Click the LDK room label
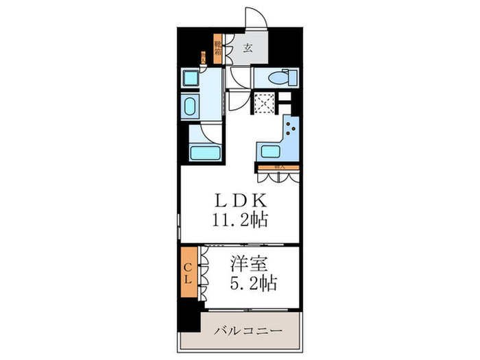click(x=238, y=202)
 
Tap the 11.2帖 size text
click(x=239, y=221)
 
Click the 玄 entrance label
click(x=247, y=49)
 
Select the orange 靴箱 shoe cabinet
click(x=217, y=49)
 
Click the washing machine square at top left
click(x=190, y=77)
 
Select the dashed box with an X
click(x=263, y=103)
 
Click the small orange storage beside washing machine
click(x=203, y=59)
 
